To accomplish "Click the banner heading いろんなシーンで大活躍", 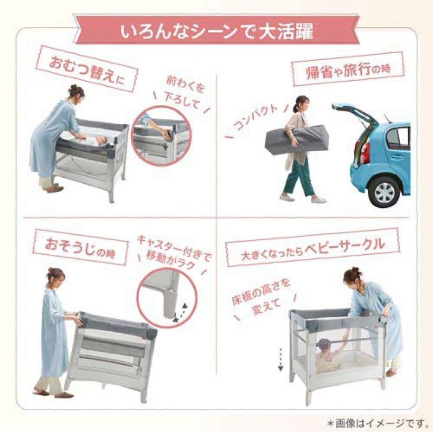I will coord(216,32).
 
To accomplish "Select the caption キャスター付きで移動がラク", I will coord(174,249).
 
